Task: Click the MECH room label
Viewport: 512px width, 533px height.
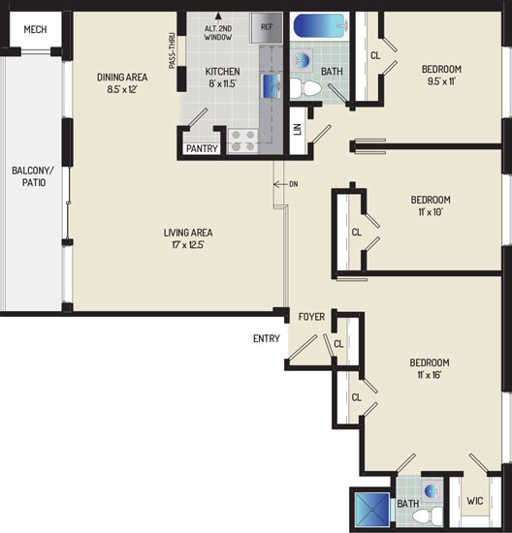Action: pyautogui.click(x=35, y=30)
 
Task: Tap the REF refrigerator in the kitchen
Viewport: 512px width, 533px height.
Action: pyautogui.click(x=266, y=27)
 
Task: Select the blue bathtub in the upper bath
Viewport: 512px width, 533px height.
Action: pyautogui.click(x=320, y=25)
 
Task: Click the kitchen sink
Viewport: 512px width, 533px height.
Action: pyautogui.click(x=272, y=86)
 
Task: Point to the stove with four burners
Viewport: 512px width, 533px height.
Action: pyautogui.click(x=242, y=141)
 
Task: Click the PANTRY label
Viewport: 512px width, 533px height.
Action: pyautogui.click(x=202, y=148)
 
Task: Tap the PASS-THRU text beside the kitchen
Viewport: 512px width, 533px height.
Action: pyautogui.click(x=173, y=50)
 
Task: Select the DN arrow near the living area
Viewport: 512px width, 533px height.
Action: pyautogui.click(x=280, y=184)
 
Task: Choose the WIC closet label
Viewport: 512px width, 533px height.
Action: pyautogui.click(x=474, y=501)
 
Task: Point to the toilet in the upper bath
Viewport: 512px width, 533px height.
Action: pyautogui.click(x=305, y=88)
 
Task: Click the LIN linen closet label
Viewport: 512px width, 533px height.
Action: pyautogui.click(x=298, y=130)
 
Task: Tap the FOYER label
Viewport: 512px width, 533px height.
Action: pyautogui.click(x=311, y=317)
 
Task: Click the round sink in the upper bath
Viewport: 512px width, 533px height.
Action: pyautogui.click(x=302, y=60)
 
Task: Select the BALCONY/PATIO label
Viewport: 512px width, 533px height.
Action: pyautogui.click(x=33, y=176)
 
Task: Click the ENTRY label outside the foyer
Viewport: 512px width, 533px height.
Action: pyautogui.click(x=267, y=338)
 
